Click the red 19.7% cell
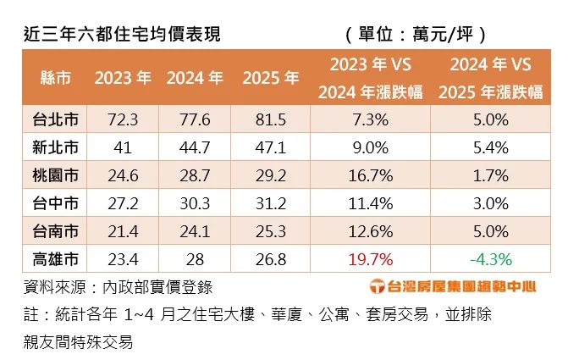370,257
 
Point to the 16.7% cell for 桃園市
370,177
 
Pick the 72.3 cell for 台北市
123,119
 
